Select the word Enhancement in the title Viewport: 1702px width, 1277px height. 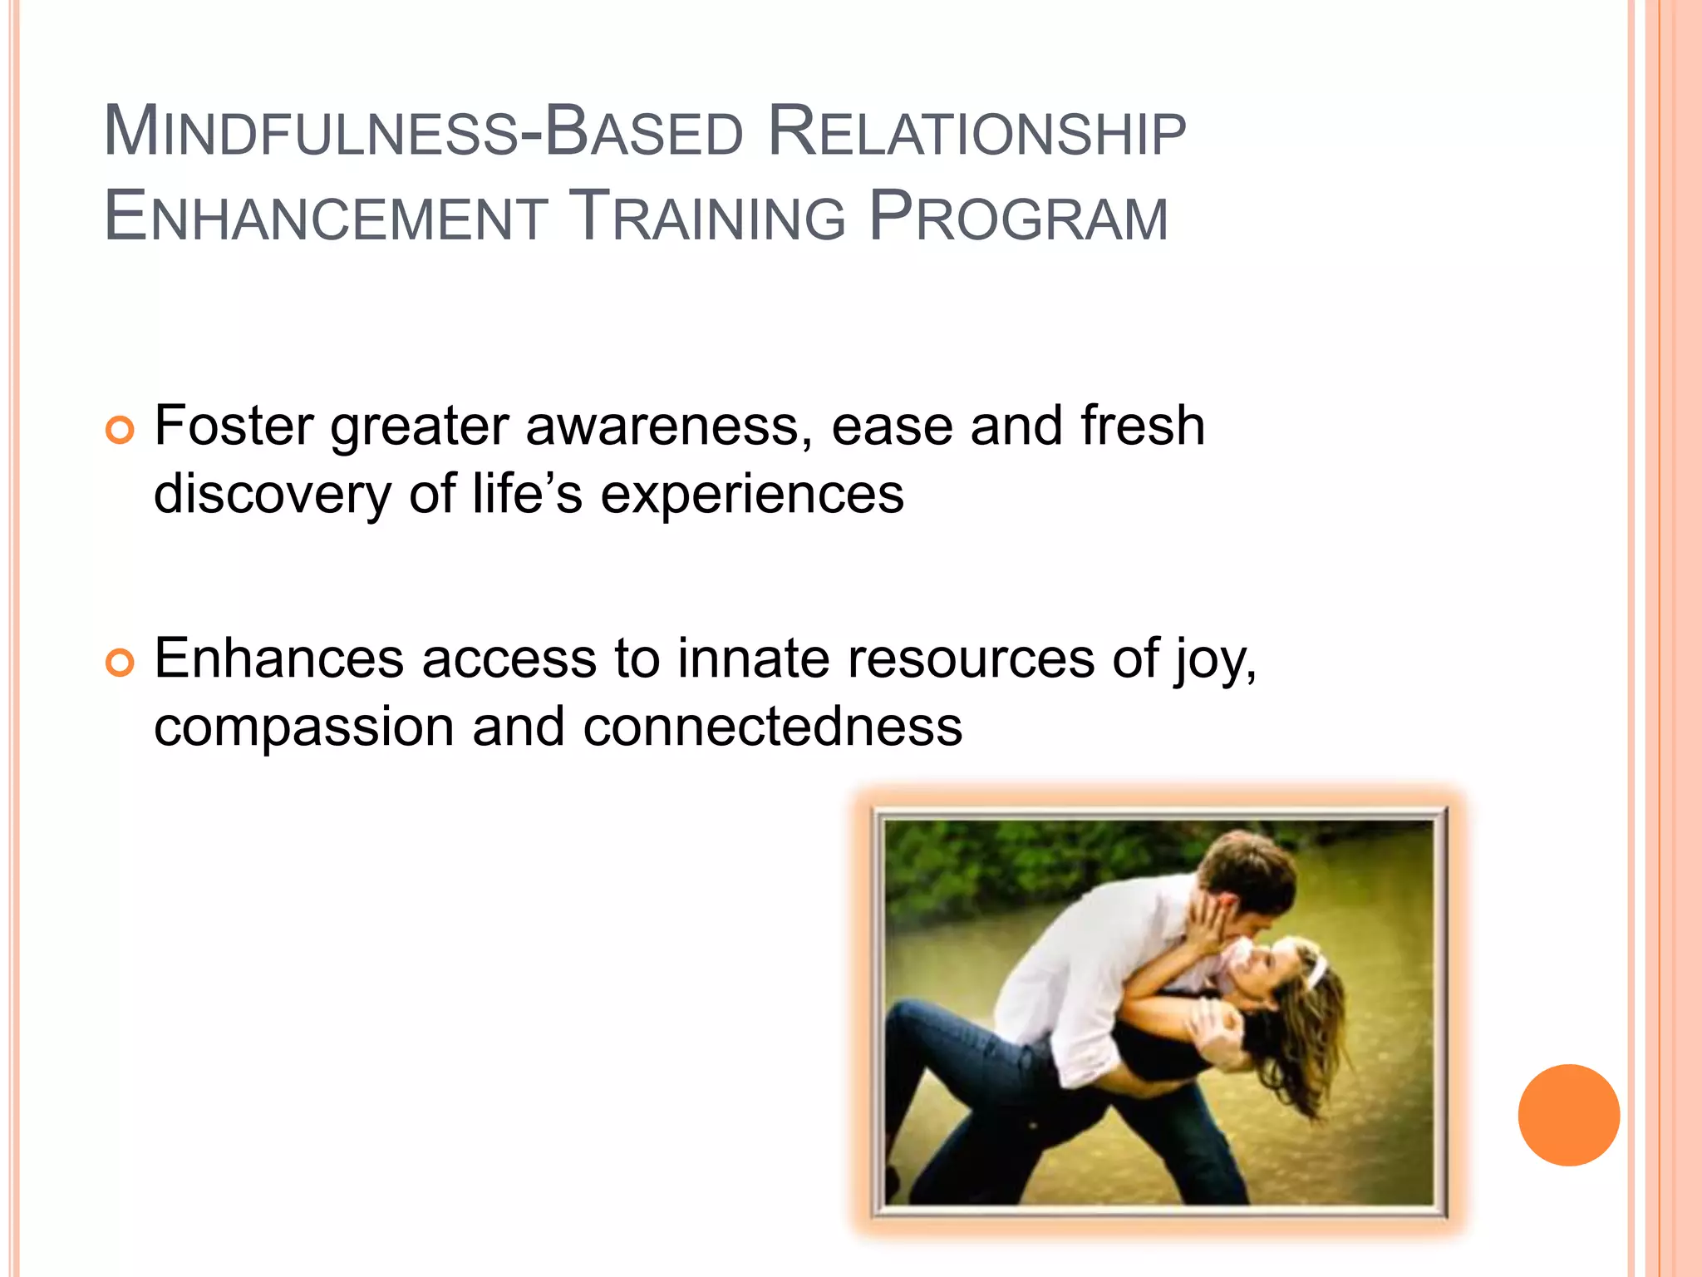tap(326, 218)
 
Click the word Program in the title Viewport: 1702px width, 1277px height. tap(1018, 218)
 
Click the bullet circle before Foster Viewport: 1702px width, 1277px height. tap(120, 430)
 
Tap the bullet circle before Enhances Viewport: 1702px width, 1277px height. tap(120, 663)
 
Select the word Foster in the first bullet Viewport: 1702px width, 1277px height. tap(234, 426)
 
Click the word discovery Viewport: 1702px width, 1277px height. tap(272, 494)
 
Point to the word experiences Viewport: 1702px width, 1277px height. tap(752, 494)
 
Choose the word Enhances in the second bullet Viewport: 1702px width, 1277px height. tap(279, 658)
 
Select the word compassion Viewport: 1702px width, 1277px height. tap(304, 727)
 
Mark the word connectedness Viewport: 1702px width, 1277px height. tap(773, 727)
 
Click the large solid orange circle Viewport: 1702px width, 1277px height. tap(1568, 1115)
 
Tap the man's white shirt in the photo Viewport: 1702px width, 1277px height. tap(1072, 964)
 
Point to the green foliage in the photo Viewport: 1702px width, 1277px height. tap(997, 856)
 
